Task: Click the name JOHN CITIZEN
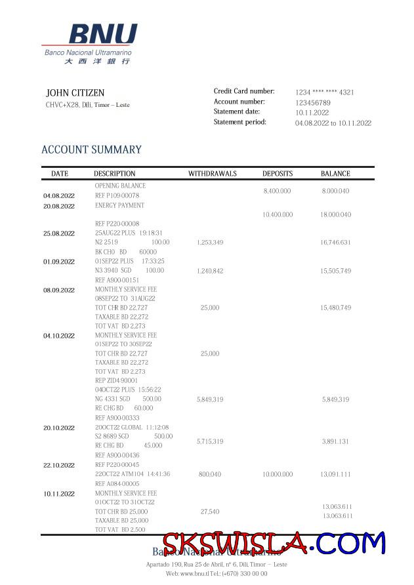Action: (75, 93)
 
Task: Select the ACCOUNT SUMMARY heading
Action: (91, 150)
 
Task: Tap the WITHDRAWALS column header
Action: (213, 174)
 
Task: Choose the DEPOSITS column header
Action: (278, 174)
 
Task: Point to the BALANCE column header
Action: (335, 174)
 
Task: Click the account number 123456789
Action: (313, 103)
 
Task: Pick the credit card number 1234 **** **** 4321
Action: (324, 92)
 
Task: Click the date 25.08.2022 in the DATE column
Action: (59, 233)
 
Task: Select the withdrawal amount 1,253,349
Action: (210, 243)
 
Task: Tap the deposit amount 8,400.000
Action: (277, 191)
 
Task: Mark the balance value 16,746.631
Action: (335, 243)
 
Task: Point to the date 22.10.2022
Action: (59, 465)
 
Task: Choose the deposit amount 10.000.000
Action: (278, 474)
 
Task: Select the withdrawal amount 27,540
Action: (210, 511)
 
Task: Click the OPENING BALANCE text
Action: (120, 186)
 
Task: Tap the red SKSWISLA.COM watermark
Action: (274, 544)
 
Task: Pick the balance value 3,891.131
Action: (335, 441)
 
